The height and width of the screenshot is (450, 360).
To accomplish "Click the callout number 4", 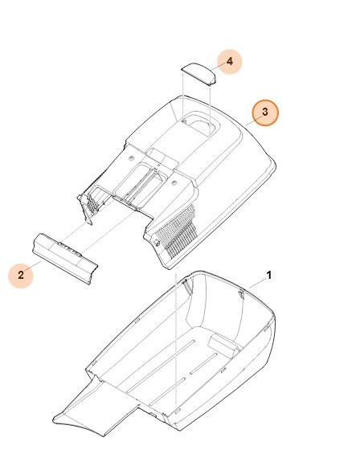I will [230, 61].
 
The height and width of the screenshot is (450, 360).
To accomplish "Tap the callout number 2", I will [21, 276].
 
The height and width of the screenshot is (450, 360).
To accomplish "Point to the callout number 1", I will [269, 275].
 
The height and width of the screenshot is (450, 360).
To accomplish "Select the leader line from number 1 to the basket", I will [256, 281].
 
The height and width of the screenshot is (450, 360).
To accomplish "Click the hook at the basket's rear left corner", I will [186, 284].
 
